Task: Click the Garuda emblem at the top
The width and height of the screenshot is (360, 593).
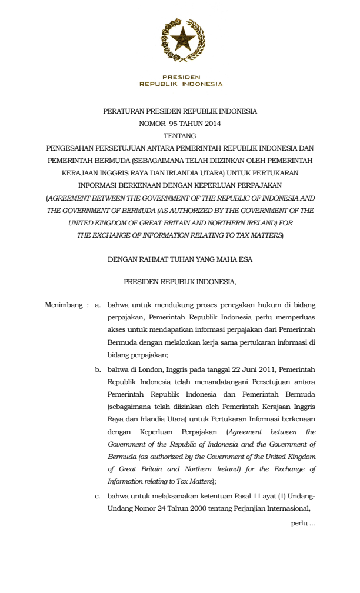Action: (x=181, y=40)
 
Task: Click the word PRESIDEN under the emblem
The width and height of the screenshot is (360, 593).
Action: (x=181, y=77)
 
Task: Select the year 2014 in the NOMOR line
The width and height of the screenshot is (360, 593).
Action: (x=211, y=124)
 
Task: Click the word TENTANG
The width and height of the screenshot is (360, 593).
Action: (x=180, y=135)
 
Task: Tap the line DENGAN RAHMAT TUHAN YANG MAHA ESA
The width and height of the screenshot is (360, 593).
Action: (x=180, y=258)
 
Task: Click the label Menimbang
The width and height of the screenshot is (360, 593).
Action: (x=63, y=305)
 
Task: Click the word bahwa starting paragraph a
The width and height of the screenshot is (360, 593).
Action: (x=117, y=305)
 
